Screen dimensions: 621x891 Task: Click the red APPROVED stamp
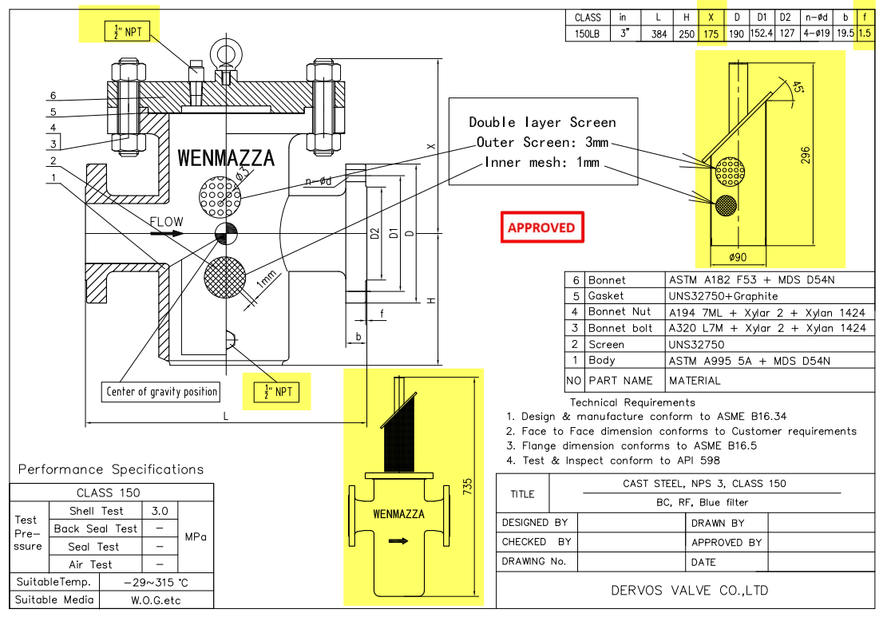(541, 227)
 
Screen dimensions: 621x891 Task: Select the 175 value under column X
(710, 34)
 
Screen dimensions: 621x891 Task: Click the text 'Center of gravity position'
(162, 392)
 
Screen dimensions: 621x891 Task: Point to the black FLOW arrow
(166, 234)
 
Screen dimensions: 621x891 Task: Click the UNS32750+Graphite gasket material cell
(723, 295)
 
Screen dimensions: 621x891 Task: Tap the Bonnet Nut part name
(620, 312)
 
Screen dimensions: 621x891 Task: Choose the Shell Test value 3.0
(159, 510)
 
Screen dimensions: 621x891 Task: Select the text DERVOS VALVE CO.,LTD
(689, 591)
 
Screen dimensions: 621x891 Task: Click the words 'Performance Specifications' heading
(111, 469)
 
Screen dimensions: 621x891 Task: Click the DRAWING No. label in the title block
(533, 561)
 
